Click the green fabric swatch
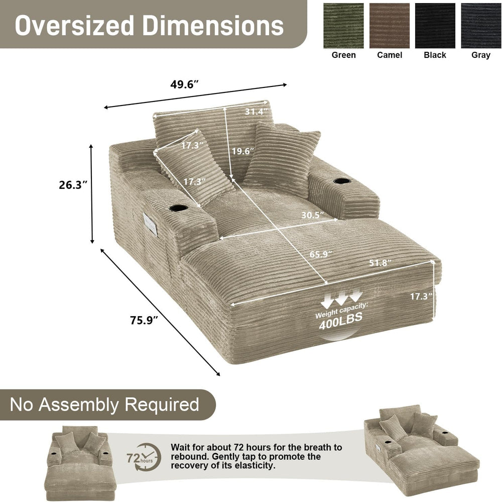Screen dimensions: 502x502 pos(343,26)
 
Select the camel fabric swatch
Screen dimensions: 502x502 pos(390,26)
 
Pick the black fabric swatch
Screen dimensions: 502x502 pos(435,26)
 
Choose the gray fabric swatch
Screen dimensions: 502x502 pos(481,26)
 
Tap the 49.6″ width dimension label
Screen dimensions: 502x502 pos(185,84)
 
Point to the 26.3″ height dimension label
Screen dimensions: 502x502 pos(73,185)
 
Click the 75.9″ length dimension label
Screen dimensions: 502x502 pos(144,320)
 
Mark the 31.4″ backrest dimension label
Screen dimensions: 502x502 pos(257,112)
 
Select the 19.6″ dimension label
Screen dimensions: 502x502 pos(243,151)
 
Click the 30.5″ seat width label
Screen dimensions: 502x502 pos(313,215)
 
